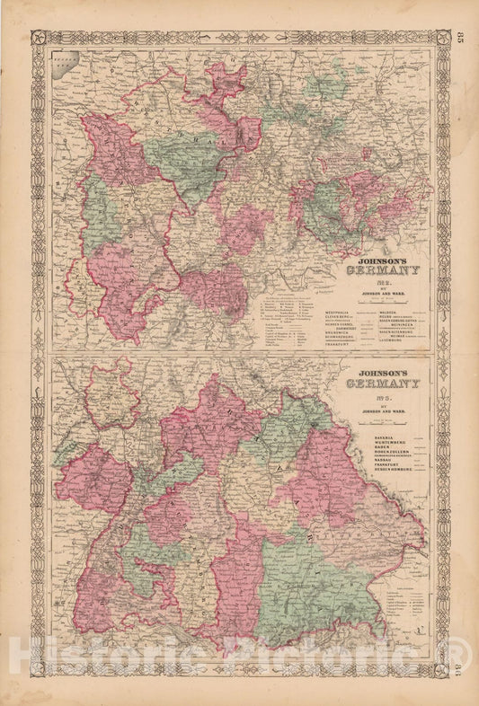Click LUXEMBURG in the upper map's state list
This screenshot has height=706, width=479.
tap(371, 341)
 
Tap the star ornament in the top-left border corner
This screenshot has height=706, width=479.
tap(38, 38)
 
